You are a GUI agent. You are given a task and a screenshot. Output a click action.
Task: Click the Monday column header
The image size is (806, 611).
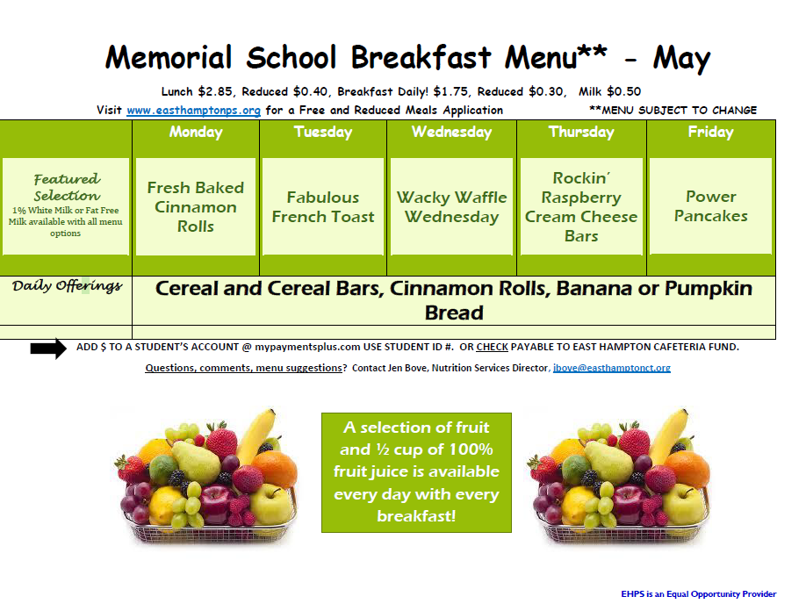pyautogui.click(x=196, y=133)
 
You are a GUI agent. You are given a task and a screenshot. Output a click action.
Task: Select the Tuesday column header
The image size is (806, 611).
pyautogui.click(x=323, y=133)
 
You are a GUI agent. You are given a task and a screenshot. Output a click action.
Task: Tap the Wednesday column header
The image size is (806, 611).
pyautogui.click(x=451, y=133)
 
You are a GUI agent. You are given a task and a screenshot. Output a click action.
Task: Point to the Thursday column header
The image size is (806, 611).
pyautogui.click(x=581, y=133)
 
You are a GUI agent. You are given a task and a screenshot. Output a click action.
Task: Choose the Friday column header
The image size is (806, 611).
pyautogui.click(x=710, y=133)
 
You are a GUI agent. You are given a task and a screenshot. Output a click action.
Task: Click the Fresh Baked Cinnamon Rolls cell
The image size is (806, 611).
pyautogui.click(x=196, y=207)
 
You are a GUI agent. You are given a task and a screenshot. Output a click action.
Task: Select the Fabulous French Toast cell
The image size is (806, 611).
pyautogui.click(x=323, y=207)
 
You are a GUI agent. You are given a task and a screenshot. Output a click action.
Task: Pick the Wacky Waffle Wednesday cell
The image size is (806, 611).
pyautogui.click(x=451, y=207)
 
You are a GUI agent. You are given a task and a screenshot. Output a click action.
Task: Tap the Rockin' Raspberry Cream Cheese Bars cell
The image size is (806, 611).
pyautogui.click(x=581, y=207)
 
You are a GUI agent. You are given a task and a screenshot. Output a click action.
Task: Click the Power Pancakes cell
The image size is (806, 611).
pyautogui.click(x=710, y=207)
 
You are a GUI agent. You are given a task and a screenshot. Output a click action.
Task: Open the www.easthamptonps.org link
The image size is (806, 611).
pyautogui.click(x=193, y=111)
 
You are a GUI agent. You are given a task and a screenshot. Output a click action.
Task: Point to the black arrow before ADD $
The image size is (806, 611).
pyautogui.click(x=47, y=349)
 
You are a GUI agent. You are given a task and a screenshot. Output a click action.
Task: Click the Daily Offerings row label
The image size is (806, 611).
pyautogui.click(x=67, y=286)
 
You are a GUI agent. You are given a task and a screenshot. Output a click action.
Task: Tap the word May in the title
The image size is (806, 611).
pyautogui.click(x=681, y=58)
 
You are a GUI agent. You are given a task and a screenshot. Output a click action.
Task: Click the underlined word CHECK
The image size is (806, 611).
pyautogui.click(x=492, y=347)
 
